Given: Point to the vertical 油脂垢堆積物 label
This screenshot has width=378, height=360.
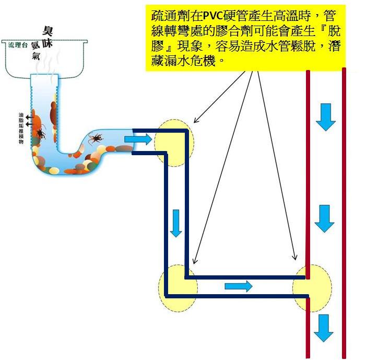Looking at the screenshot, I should click(x=21, y=128).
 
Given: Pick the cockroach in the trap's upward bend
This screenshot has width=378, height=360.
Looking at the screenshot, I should click(x=97, y=138).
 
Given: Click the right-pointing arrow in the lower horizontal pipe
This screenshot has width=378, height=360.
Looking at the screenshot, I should click(x=238, y=286).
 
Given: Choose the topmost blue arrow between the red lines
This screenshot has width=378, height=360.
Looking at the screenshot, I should click(x=326, y=117).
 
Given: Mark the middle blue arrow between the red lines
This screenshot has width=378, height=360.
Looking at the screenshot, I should click(x=324, y=219).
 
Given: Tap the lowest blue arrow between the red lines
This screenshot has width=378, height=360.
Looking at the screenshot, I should click(x=324, y=328).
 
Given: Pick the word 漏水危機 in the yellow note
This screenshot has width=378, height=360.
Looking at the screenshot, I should click(x=197, y=61).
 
